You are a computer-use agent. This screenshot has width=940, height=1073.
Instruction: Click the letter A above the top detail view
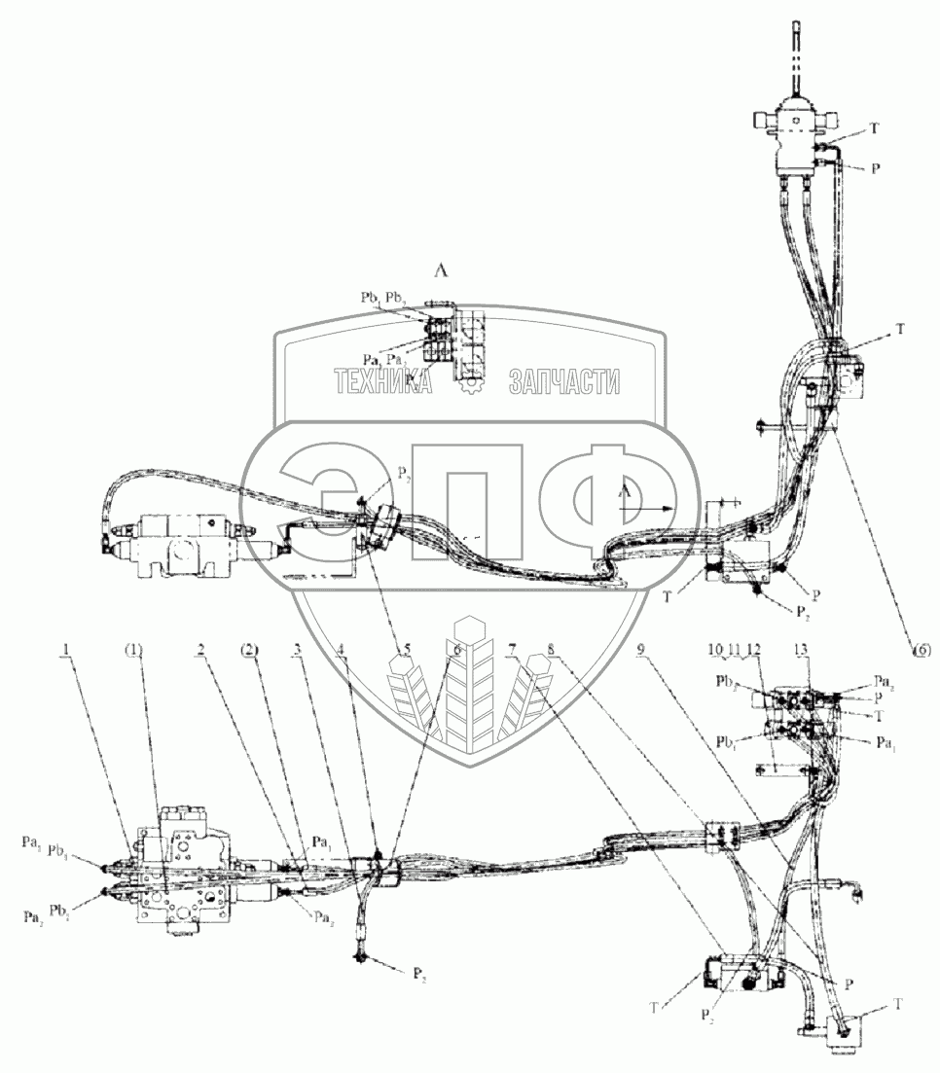(441, 273)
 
